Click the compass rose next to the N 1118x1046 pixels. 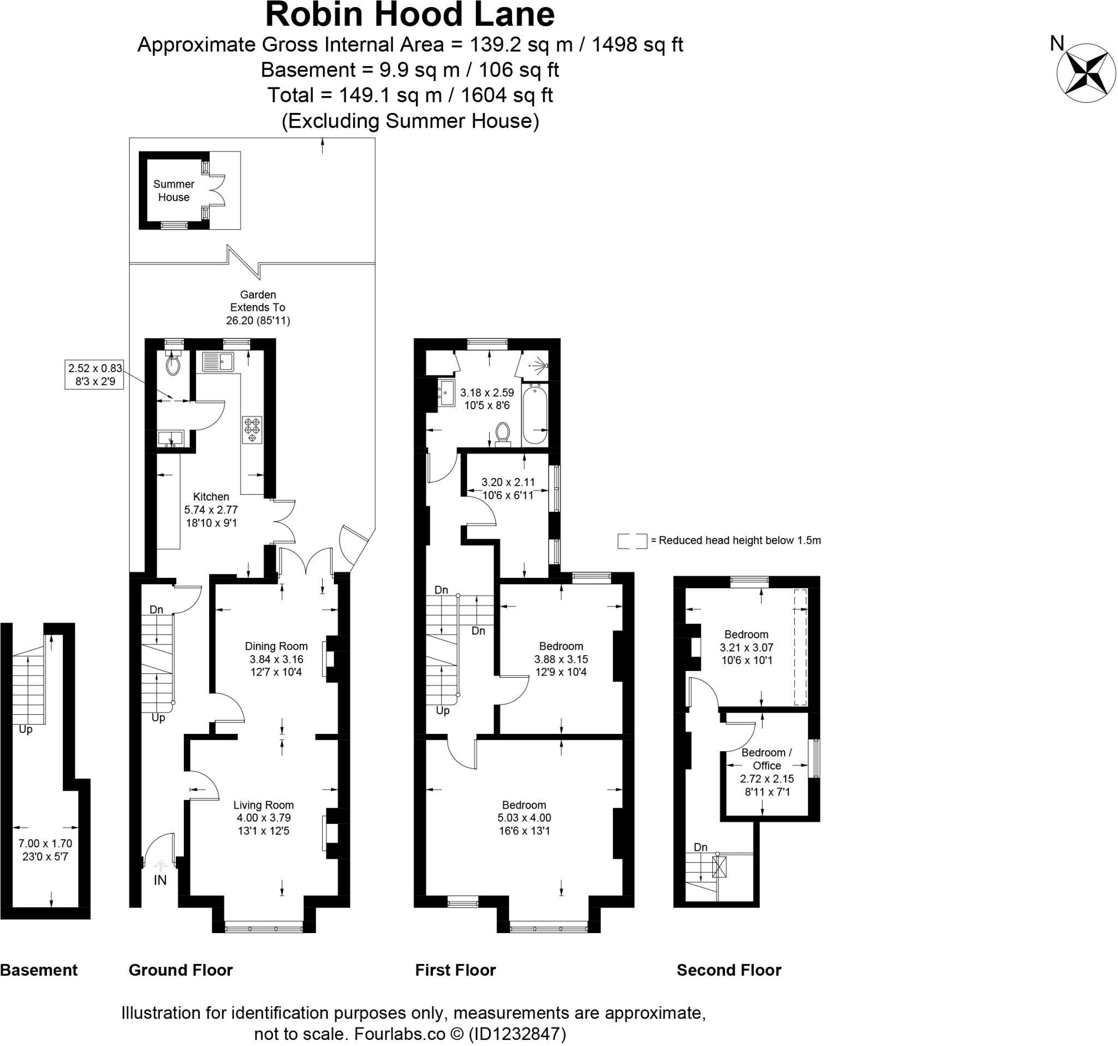[x=1086, y=73]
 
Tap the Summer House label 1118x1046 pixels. [x=174, y=190]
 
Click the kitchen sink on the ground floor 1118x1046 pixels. [x=218, y=362]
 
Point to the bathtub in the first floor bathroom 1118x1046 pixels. [x=535, y=414]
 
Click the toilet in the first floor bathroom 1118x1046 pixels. [x=503, y=433]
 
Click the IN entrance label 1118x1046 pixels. [x=160, y=880]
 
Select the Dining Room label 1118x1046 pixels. [x=276, y=647]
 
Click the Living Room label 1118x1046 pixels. [x=263, y=805]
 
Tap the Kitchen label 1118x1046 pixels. [x=211, y=497]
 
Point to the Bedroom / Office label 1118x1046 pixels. [x=766, y=759]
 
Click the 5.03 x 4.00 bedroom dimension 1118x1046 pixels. [x=524, y=818]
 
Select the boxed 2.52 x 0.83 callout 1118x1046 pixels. [x=94, y=375]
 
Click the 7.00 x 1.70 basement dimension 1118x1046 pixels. [x=45, y=843]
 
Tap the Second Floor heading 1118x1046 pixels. [x=729, y=970]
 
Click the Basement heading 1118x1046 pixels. [x=39, y=970]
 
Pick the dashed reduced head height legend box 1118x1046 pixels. [x=632, y=541]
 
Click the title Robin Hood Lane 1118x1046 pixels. [x=410, y=15]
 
